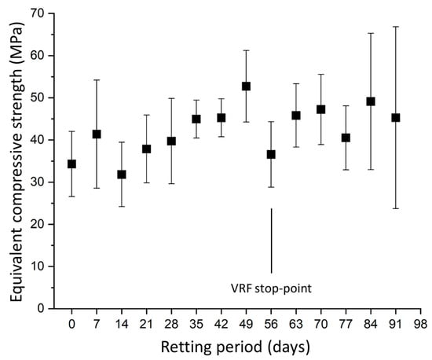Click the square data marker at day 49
[x=246, y=86]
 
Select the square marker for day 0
[x=71, y=164]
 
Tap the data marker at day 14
[x=122, y=174]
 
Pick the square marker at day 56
[x=271, y=154]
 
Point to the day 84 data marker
[x=371, y=101]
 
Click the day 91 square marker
[x=396, y=118]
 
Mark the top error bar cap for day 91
[x=396, y=27]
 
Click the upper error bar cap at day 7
[x=97, y=80]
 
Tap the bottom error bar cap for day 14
[x=122, y=207]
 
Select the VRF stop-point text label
[x=271, y=288]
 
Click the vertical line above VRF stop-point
[x=272, y=241]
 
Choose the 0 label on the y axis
[x=41, y=308]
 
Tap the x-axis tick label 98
[x=421, y=324]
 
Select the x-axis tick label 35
[x=196, y=324]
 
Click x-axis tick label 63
[x=296, y=324]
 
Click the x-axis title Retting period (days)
[x=236, y=347]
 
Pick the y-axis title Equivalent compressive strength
[x=17, y=162]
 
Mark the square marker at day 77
[x=346, y=138]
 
